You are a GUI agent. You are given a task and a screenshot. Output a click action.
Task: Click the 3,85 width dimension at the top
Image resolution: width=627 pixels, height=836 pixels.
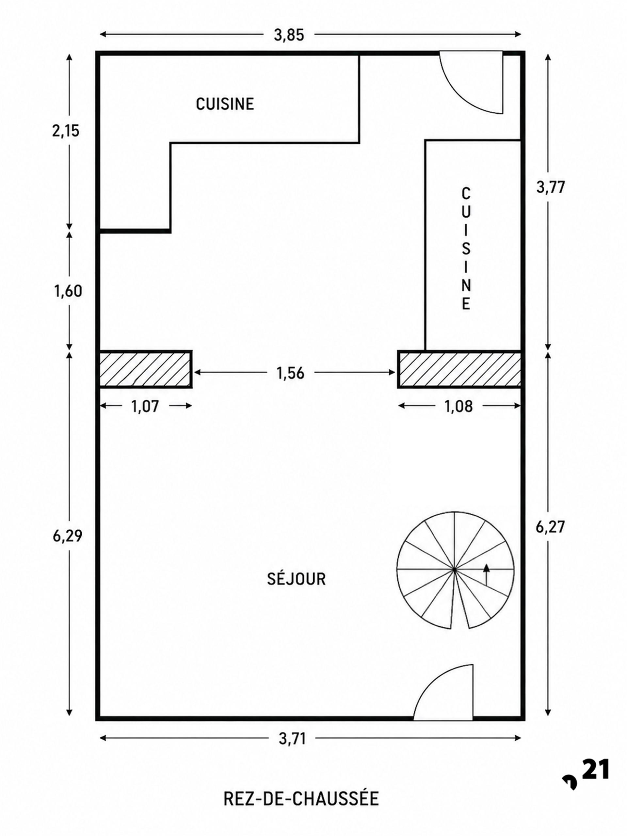(289, 35)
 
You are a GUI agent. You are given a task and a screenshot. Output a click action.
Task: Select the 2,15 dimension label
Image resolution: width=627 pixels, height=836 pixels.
(66, 131)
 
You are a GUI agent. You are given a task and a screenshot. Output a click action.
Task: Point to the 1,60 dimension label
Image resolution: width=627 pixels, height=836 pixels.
(68, 291)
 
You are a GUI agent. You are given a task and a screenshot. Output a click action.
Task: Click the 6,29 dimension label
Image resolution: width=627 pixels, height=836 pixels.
(68, 536)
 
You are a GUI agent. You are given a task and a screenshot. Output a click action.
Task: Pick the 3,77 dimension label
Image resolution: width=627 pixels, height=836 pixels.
(550, 187)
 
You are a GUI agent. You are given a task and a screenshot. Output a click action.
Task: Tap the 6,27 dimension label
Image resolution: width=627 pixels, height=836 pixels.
(550, 527)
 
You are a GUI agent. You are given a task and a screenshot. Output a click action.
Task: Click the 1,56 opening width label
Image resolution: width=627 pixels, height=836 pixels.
(290, 373)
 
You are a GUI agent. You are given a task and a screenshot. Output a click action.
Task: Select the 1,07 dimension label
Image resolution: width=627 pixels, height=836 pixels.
(145, 406)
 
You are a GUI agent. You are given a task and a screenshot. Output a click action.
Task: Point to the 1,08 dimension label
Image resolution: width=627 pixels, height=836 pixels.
(458, 406)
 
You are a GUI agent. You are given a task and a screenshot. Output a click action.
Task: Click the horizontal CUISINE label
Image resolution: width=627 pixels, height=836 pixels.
(225, 104)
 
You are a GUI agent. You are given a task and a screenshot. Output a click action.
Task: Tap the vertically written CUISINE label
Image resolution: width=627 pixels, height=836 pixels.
(466, 249)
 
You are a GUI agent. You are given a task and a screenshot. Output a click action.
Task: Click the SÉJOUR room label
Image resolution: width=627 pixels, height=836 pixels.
(296, 579)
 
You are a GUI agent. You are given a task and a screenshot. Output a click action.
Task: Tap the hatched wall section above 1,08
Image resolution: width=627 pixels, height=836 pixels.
(459, 369)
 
